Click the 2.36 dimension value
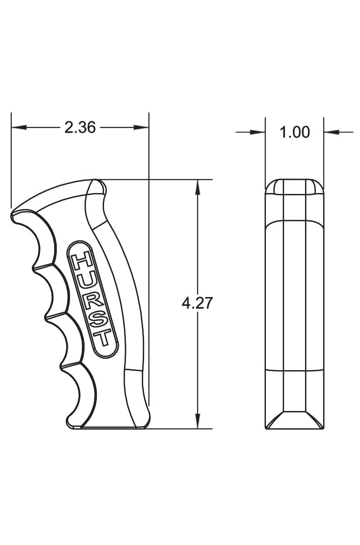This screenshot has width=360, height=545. [80, 128]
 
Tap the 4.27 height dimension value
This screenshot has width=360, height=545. [197, 303]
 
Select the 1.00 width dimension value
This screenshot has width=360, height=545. [295, 132]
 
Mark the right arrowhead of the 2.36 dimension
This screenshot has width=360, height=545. [141, 127]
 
